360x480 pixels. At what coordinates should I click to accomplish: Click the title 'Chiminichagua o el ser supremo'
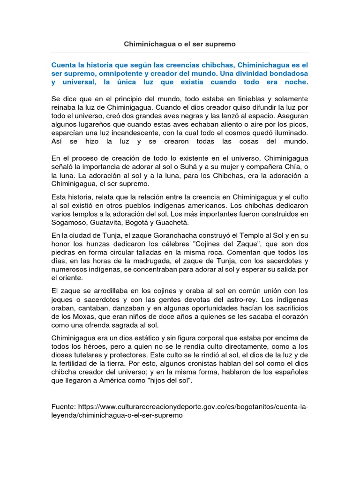click(x=180, y=44)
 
